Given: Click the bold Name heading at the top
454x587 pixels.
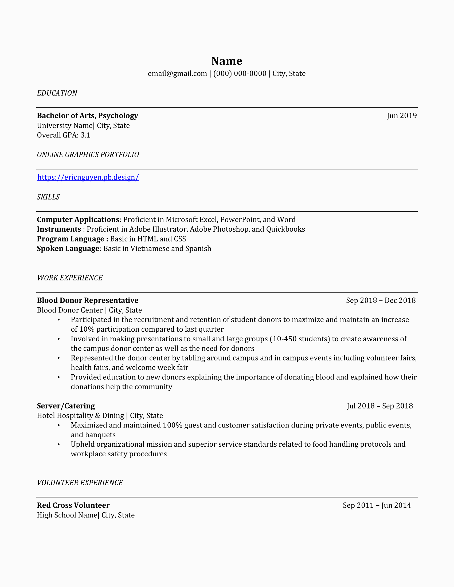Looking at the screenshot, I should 227,61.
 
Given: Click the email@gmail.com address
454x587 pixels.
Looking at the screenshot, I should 177,74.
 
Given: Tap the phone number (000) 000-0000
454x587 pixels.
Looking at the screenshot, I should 240,74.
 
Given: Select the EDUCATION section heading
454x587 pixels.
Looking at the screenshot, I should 57,93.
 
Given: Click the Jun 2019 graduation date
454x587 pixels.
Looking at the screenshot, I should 402,116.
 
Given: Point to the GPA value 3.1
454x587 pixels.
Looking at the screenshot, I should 85,135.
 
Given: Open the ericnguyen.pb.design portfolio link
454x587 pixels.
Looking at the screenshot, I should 88,177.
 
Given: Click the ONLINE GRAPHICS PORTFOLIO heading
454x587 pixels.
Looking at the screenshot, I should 88,154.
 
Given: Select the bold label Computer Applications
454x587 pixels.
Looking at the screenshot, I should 78,220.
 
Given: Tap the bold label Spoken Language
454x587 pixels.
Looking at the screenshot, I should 68,249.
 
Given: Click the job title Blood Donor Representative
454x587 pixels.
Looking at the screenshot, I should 88,300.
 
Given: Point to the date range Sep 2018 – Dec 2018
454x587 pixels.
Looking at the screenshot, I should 381,300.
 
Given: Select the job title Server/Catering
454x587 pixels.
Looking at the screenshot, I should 66,406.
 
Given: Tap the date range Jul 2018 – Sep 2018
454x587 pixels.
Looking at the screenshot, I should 380,406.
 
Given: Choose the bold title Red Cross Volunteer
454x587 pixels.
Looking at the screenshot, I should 73,506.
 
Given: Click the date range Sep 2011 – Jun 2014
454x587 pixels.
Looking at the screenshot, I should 377,506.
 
